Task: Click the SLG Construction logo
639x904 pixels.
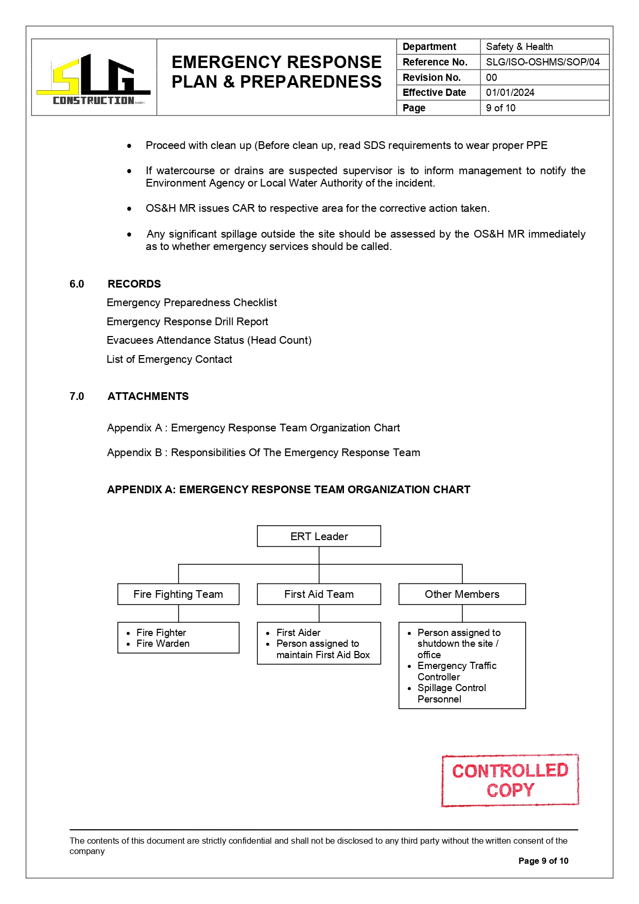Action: click(x=93, y=79)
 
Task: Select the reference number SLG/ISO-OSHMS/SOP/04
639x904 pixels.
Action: click(x=543, y=62)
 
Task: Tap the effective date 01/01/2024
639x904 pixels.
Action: click(x=510, y=93)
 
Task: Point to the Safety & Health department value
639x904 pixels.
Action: click(x=519, y=47)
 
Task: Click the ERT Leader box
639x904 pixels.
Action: click(x=319, y=537)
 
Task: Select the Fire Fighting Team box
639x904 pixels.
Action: click(x=178, y=594)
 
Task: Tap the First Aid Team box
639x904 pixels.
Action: click(x=319, y=594)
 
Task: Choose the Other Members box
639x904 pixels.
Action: click(x=462, y=594)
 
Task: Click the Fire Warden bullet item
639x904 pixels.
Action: click(x=163, y=644)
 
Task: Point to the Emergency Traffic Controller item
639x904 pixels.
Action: click(x=456, y=671)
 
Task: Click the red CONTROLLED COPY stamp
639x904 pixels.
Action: click(x=510, y=780)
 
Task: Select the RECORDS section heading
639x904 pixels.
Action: click(x=134, y=284)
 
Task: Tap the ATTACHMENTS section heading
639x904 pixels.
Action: click(x=148, y=396)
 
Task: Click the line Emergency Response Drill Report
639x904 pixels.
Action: click(x=187, y=322)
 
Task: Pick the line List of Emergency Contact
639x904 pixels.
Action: click(x=169, y=359)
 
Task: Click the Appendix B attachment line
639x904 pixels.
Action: click(x=263, y=453)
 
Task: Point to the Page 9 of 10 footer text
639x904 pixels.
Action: click(x=543, y=861)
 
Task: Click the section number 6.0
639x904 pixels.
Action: click(x=77, y=284)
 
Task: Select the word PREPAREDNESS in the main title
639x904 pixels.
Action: click(x=311, y=82)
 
